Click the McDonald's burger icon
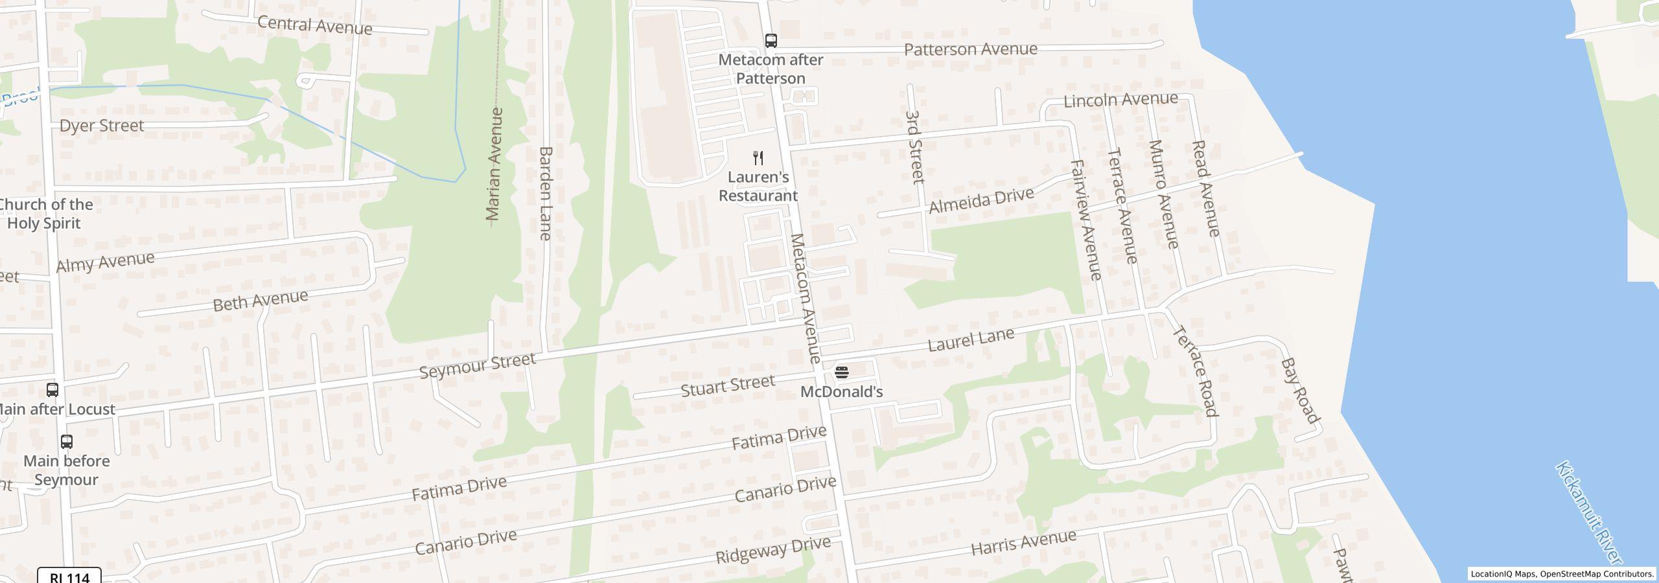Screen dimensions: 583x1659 pos(841,372)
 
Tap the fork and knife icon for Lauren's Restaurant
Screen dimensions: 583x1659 pos(758,157)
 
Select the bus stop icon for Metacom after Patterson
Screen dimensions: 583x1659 pos(771,41)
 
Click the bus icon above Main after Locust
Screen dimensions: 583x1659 pos(52,390)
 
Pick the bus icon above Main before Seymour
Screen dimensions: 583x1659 pos(66,442)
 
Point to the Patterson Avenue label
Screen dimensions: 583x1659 pos(970,49)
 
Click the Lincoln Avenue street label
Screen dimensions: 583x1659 pos(1120,100)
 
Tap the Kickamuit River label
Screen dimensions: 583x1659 pos(1588,512)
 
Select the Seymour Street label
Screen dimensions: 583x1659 pos(478,366)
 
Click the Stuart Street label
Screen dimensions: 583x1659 pos(728,385)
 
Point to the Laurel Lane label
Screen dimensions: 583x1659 pos(971,339)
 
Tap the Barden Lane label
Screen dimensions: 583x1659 pos(546,193)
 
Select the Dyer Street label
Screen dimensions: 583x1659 pos(102,125)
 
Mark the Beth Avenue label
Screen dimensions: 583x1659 pos(261,301)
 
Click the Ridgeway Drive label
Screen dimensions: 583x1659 pos(772,550)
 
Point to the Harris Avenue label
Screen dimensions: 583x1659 pos(1023,543)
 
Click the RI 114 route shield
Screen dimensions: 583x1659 pos(69,576)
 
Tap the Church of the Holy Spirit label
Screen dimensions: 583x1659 pos(45,214)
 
